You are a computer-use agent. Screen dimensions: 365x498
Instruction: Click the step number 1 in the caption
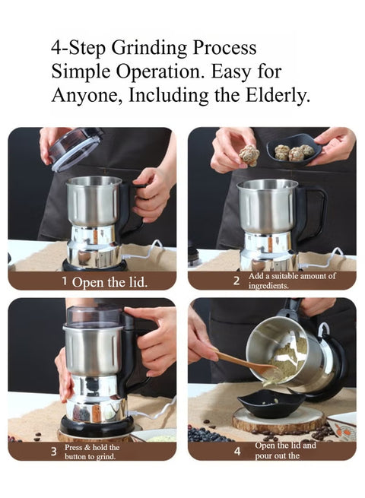tap(65, 281)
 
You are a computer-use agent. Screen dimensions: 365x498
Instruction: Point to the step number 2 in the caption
tap(236, 281)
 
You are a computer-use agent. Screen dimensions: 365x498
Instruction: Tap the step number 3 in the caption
tap(54, 452)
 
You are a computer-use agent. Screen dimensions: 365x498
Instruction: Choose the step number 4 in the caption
tap(237, 451)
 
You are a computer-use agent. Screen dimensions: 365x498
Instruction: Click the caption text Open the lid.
tap(109, 282)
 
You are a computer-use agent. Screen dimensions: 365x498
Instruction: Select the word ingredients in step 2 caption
tap(268, 286)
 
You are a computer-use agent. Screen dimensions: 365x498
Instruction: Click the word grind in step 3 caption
tap(106, 457)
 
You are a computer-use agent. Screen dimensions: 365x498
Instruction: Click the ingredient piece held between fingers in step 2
tap(249, 156)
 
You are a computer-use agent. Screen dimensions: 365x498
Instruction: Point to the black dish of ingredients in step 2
tap(294, 150)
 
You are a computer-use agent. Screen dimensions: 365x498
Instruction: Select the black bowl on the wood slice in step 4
tap(271, 403)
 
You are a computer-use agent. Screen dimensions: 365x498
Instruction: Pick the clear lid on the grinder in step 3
tap(94, 316)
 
